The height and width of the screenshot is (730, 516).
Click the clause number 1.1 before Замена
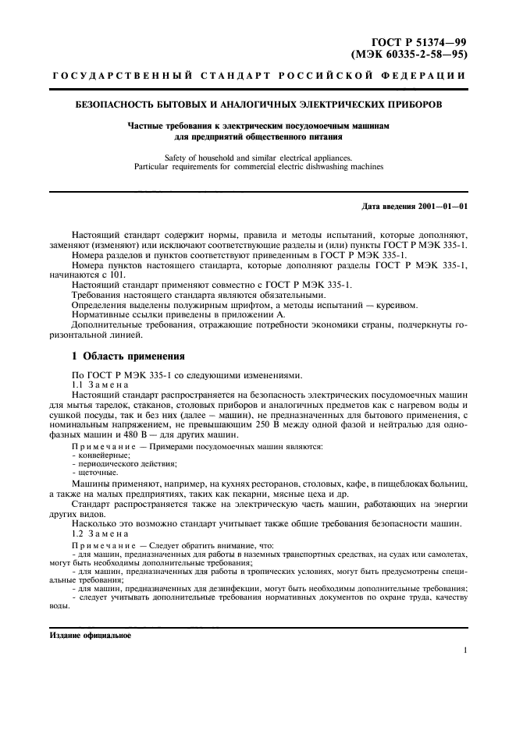[x=78, y=386]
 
